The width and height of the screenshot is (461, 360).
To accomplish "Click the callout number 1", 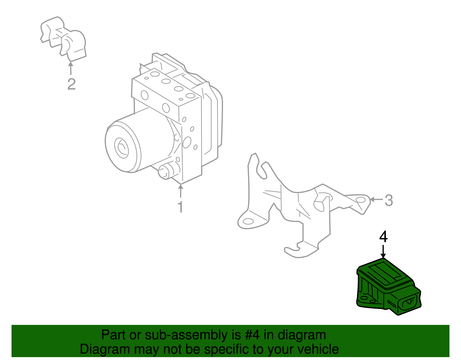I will pos(180,207).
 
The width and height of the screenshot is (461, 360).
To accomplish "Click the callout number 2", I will pos(71,84).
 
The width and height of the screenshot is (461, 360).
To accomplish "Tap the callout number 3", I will pos(389,200).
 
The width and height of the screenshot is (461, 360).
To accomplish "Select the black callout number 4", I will pos(383,237).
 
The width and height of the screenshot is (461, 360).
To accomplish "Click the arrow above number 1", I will pos(181,191).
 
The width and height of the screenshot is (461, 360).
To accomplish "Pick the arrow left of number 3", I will pos(376,199).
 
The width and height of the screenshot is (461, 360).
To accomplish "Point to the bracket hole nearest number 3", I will pos(360,200).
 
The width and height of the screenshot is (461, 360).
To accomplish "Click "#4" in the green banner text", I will pos(252,335).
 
